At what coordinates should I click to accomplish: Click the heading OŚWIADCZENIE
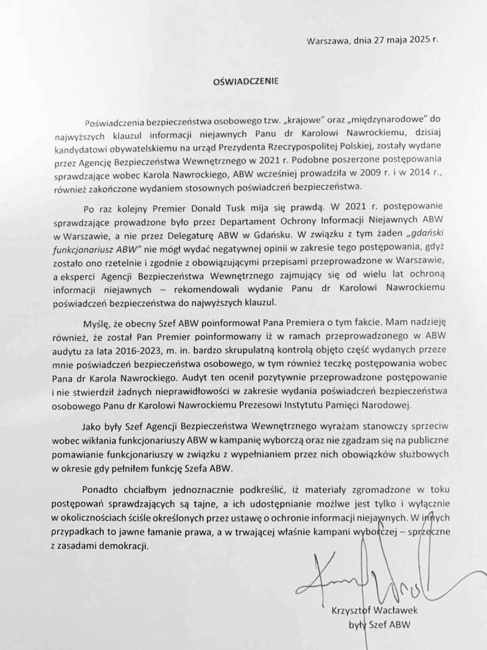click(x=243, y=80)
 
